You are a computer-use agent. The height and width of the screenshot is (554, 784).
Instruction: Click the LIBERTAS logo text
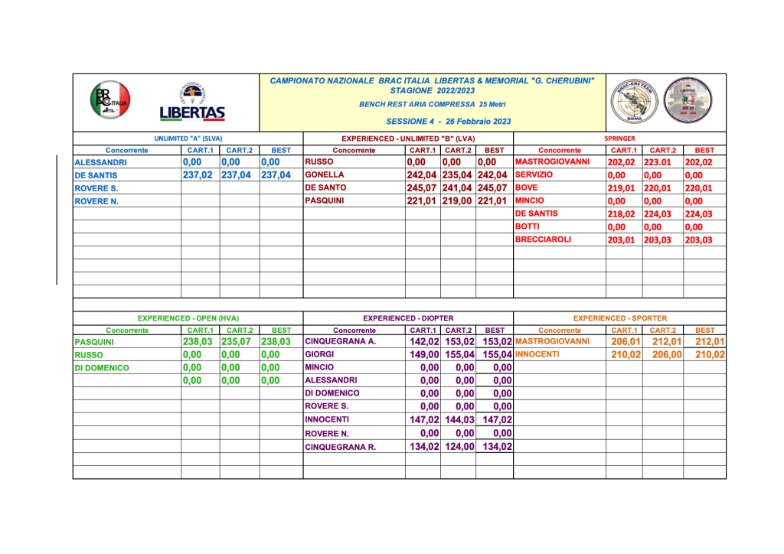[x=192, y=114]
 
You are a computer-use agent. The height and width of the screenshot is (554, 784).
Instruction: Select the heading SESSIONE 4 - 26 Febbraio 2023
[x=448, y=121]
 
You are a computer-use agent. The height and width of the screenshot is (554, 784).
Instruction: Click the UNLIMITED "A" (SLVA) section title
[x=188, y=138]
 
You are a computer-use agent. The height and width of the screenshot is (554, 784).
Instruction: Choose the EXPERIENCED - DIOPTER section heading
[x=408, y=318]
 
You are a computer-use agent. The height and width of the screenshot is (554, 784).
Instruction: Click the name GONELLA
[x=325, y=174]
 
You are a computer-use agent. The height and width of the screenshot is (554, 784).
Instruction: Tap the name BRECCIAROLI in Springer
[x=544, y=240]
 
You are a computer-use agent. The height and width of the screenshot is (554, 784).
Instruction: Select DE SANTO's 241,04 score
[x=458, y=187]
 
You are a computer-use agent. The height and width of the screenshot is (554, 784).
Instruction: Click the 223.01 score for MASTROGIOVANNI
[x=658, y=162]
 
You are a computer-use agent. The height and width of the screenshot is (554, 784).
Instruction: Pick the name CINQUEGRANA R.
[x=340, y=447]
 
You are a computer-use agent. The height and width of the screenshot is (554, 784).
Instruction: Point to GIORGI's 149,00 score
[x=424, y=355]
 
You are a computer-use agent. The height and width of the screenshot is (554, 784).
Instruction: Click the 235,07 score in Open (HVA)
[x=236, y=342]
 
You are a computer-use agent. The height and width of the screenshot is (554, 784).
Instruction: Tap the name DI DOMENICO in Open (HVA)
[x=102, y=368]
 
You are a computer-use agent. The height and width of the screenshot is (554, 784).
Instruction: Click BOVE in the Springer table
[x=528, y=187]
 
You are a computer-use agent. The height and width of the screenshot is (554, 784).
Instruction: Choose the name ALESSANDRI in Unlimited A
[x=101, y=162]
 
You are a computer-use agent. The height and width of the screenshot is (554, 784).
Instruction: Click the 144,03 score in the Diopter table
[x=459, y=420]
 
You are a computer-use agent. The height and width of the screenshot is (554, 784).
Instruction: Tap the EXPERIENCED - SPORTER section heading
[x=619, y=318]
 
